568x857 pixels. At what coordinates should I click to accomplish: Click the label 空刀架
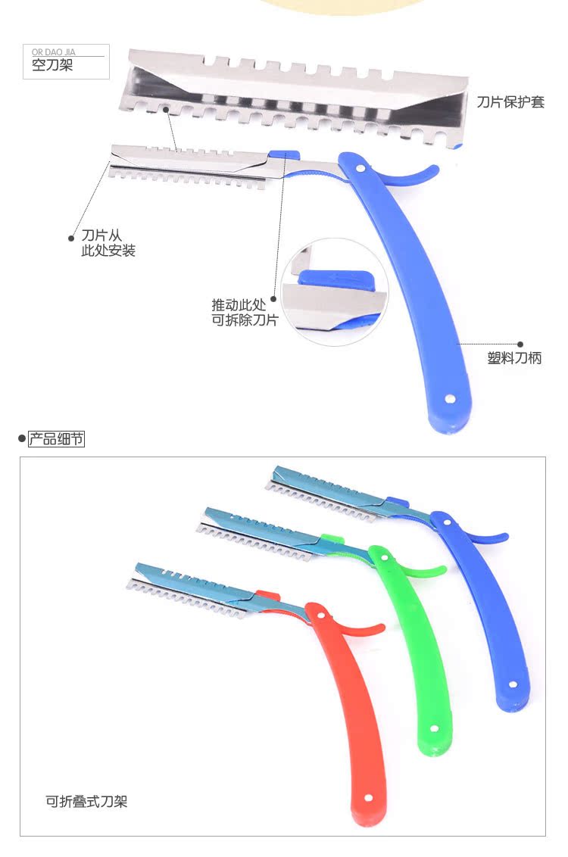point(52,66)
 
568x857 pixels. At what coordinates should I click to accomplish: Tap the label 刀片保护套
point(510,102)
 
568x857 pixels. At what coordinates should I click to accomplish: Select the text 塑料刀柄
point(514,359)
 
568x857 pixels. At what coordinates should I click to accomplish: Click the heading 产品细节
point(56,439)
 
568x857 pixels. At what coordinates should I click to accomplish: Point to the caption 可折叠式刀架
point(92,800)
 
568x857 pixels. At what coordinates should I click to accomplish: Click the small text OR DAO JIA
point(54,51)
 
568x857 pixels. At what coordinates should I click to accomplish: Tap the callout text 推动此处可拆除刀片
point(245,312)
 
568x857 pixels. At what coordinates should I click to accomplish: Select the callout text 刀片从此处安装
point(108,243)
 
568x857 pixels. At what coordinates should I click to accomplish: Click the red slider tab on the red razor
point(264,594)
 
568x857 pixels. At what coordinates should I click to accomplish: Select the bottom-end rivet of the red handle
point(368,797)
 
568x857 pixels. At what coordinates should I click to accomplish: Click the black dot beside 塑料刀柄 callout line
point(520,344)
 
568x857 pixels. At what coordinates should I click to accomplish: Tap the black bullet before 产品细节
point(20,439)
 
